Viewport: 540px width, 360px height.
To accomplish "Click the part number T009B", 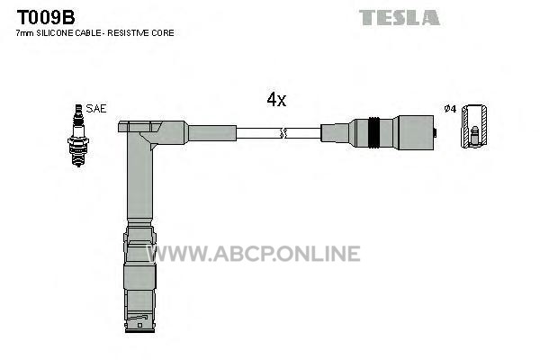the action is (x=46, y=17).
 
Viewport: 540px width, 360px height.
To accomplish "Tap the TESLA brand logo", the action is (x=400, y=18).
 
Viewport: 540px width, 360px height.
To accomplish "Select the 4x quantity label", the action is (x=276, y=100).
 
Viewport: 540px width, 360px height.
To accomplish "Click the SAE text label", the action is (x=96, y=109).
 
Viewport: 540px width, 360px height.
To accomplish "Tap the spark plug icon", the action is (x=78, y=135).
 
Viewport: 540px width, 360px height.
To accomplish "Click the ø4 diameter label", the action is (x=450, y=109).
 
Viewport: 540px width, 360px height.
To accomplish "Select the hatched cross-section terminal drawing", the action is (x=474, y=126).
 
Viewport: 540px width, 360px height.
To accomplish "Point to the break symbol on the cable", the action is (x=283, y=133).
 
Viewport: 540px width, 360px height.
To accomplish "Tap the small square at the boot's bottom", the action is (x=139, y=325).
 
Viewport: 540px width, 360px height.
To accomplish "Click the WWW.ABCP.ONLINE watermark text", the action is (x=254, y=254).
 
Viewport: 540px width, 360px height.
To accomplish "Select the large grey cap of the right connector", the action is (x=415, y=132).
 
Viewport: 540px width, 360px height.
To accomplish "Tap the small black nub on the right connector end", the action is (x=436, y=132).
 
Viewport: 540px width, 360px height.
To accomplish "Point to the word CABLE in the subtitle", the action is (x=88, y=33).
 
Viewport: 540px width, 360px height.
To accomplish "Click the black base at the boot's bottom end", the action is (x=139, y=330).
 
